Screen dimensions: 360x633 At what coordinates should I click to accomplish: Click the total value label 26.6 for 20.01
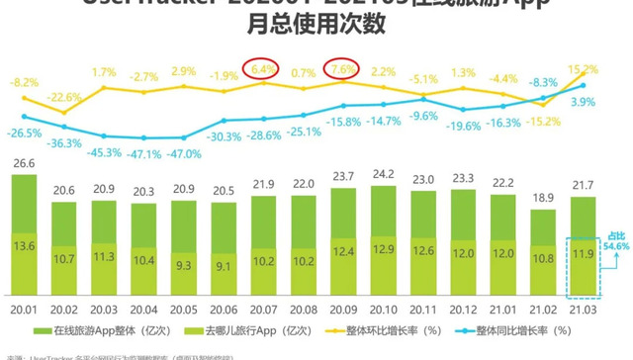25,164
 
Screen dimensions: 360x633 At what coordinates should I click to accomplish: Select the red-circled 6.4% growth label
263,70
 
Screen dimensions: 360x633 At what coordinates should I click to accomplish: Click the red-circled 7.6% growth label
342,70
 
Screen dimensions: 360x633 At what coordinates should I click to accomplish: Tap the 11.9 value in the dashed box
584,255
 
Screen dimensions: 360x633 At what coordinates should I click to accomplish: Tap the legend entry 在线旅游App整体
102,329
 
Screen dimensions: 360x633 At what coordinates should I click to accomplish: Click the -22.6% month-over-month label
64,97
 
